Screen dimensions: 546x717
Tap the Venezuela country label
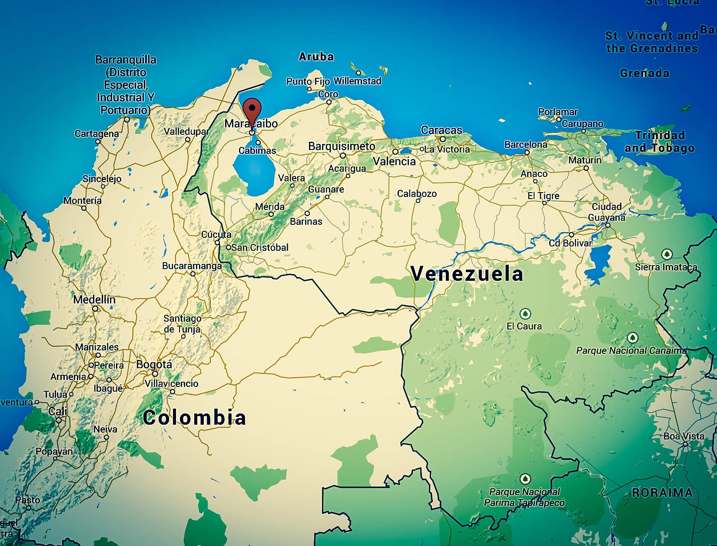point(467,274)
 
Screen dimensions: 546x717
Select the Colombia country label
point(194,418)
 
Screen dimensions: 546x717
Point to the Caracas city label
point(441,130)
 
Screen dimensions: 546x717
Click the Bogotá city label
point(154,365)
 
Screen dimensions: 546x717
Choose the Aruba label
point(316,57)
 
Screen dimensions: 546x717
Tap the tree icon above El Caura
point(525,313)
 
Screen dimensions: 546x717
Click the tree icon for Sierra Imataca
point(667,254)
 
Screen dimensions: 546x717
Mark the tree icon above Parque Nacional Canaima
point(632,338)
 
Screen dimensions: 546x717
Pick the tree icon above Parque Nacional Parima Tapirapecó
point(525,479)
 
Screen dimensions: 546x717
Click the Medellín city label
point(94,300)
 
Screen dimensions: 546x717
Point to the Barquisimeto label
point(342,146)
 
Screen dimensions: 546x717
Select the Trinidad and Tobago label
point(660,142)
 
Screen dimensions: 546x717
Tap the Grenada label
point(644,73)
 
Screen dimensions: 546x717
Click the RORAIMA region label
point(662,493)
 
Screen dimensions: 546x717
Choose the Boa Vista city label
point(684,436)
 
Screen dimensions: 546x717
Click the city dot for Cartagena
point(98,141)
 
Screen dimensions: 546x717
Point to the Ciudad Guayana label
point(607,212)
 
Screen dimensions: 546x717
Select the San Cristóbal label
point(260,247)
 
